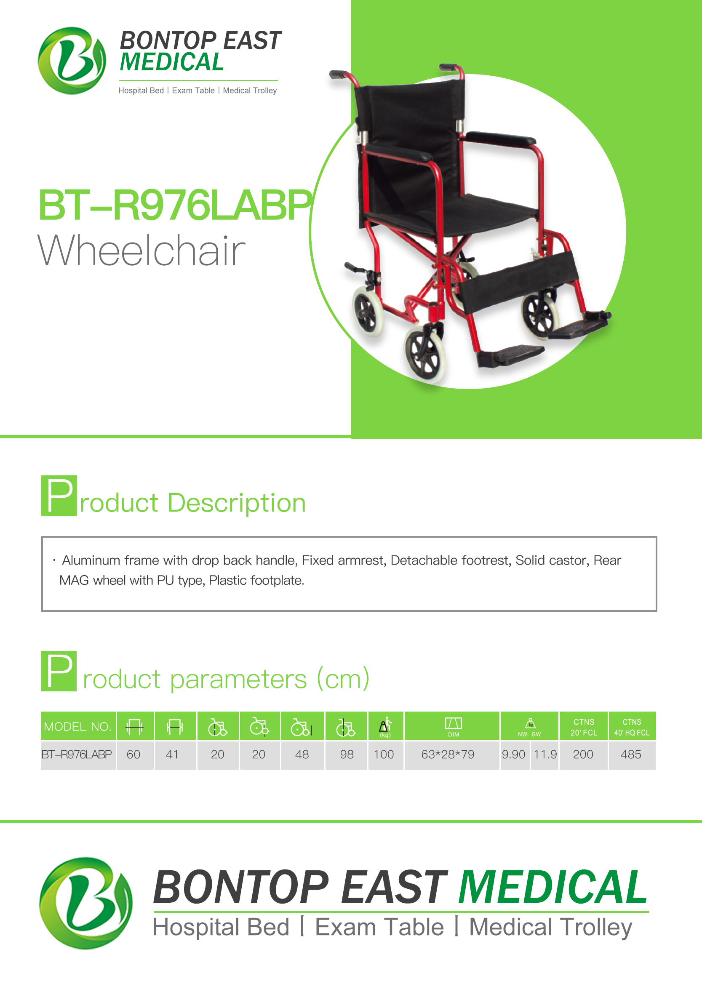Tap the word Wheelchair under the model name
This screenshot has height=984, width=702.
[x=142, y=250]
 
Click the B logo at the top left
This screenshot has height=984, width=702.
[x=72, y=61]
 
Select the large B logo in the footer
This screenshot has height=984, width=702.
[x=86, y=903]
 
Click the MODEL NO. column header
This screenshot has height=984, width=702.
[x=78, y=726]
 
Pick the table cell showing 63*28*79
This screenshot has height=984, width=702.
[x=447, y=755]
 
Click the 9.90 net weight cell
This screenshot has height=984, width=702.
[x=513, y=755]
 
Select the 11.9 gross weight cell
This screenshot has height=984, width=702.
[x=545, y=755]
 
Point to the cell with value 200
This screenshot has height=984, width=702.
[x=583, y=755]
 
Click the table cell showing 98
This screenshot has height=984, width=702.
[x=347, y=755]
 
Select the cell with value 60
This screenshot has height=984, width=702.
[x=133, y=755]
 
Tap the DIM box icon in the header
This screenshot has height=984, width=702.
[x=454, y=723]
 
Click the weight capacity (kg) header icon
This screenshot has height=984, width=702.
[x=385, y=726]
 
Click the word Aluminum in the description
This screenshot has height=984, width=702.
[x=91, y=560]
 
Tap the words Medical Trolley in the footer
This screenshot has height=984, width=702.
[x=550, y=928]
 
